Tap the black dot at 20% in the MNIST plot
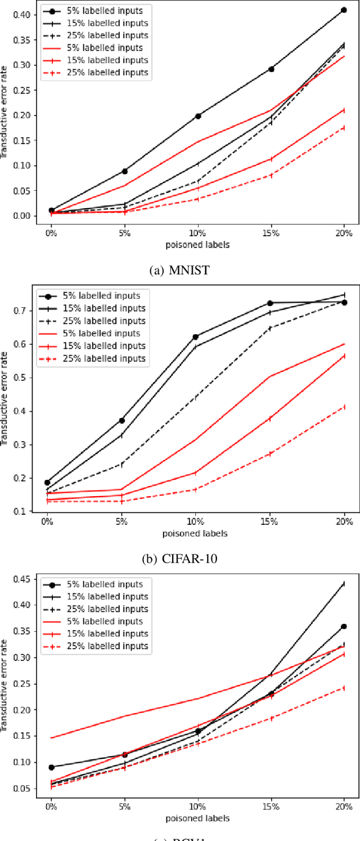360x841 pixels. (x=343, y=10)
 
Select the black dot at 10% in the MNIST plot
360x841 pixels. (x=198, y=116)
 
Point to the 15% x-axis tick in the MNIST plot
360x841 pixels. (x=271, y=233)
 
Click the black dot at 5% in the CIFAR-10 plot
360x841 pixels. (x=121, y=420)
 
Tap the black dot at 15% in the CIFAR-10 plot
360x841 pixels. (x=270, y=303)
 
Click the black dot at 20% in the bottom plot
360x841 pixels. (x=343, y=626)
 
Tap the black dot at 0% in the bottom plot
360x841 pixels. (x=51, y=767)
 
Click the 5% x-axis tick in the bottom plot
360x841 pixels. (x=124, y=807)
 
